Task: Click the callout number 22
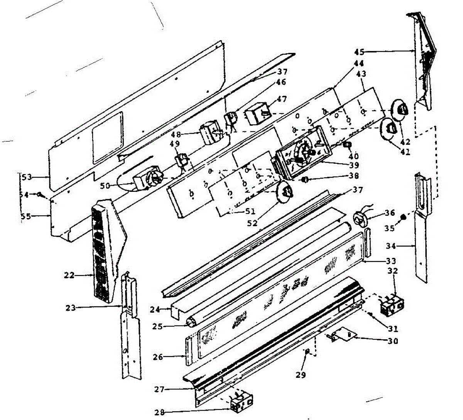point(70,275)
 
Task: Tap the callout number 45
point(359,52)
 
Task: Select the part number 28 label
point(159,412)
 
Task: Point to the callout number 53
point(26,178)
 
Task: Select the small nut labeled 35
point(403,217)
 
